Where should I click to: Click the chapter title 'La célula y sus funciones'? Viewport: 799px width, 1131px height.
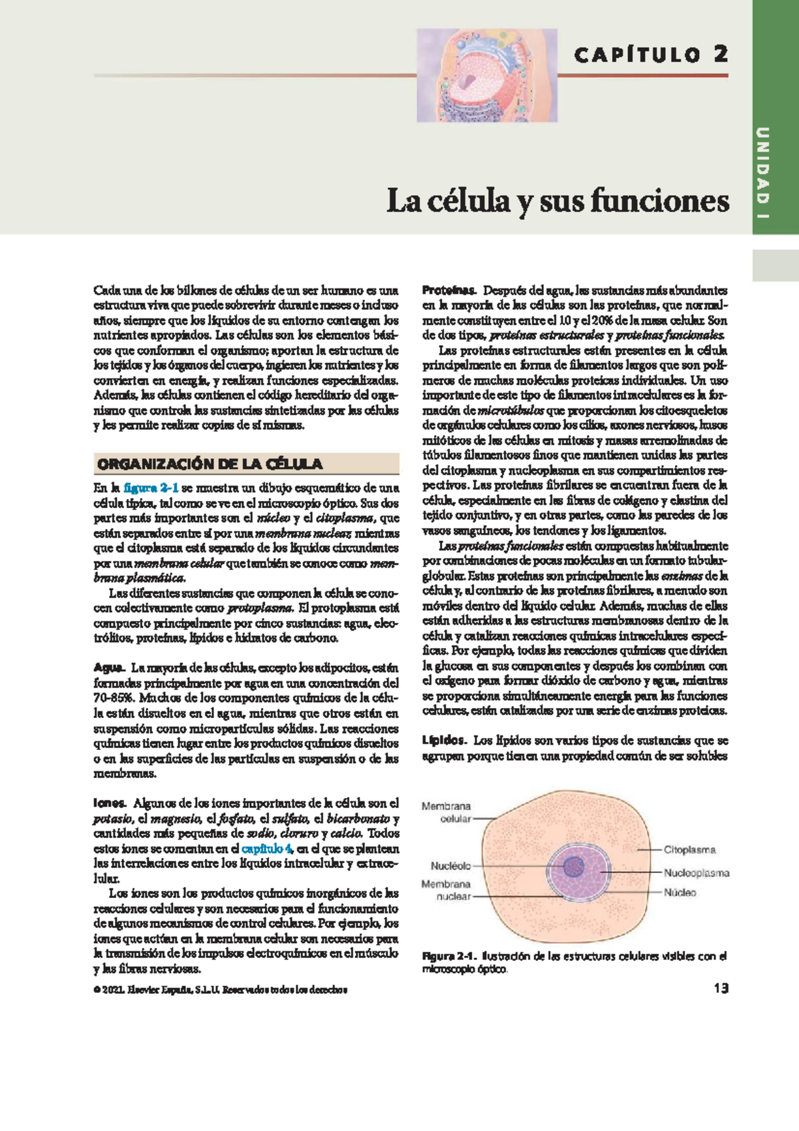point(557,200)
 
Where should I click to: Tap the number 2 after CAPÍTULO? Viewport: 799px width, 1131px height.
point(720,54)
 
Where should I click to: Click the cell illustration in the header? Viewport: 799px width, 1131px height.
point(487,75)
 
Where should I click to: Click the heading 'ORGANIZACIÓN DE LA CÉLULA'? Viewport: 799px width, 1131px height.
point(210,464)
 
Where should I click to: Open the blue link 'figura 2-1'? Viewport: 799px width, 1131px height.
point(150,488)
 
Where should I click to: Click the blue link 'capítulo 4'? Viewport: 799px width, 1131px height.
point(266,849)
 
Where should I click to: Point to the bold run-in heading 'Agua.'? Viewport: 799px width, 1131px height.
point(109,667)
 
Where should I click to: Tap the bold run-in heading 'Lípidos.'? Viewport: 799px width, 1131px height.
point(445,740)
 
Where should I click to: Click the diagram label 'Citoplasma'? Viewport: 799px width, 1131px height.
point(689,850)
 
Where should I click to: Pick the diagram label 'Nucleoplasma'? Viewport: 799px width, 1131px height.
point(696,873)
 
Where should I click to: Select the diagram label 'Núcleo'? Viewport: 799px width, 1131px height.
point(679,893)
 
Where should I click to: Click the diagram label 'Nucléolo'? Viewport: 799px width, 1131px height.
point(451,866)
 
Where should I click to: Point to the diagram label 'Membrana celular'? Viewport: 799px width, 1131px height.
point(447,813)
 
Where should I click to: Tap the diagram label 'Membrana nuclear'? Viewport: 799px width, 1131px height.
point(446,891)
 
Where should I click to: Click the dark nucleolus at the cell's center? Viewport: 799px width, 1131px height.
point(573,867)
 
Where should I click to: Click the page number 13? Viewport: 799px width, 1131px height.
point(720,988)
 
